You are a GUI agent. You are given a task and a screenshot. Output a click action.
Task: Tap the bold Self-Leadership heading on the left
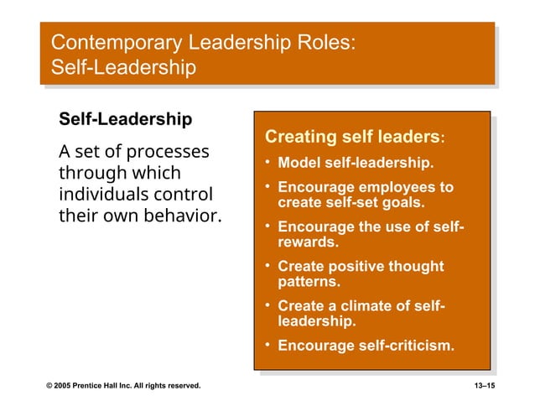click(x=124, y=119)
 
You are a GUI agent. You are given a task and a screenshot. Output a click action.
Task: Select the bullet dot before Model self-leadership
click(x=266, y=162)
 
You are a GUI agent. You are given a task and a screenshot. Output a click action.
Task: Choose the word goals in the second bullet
click(x=402, y=202)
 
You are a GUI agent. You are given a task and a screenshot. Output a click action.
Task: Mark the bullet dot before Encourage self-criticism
click(x=266, y=345)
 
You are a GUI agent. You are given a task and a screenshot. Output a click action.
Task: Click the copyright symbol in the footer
click(x=49, y=385)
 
